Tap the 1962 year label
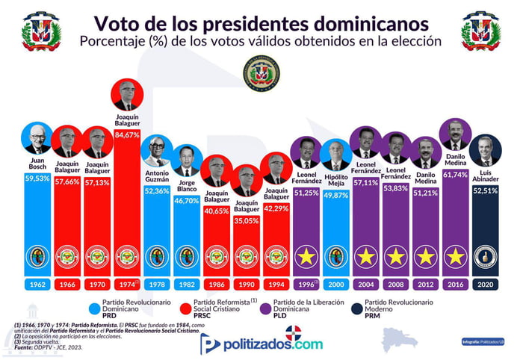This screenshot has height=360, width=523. tap(36, 285)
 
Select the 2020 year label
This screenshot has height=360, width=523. tap(486, 285)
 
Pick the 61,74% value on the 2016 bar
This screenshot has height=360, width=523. tap(456, 174)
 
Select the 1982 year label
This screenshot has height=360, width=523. tap(186, 285)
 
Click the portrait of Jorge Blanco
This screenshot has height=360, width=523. tap(186, 159)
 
